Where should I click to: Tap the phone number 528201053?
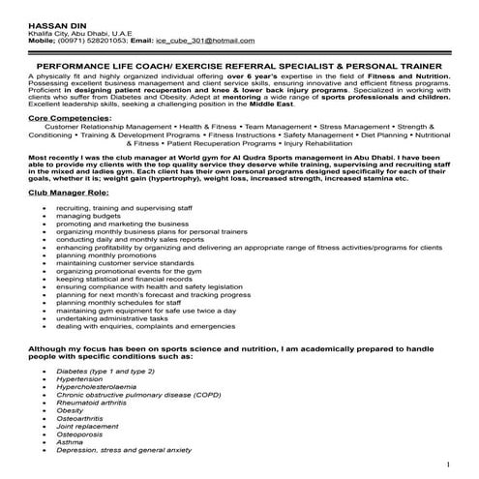109,42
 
